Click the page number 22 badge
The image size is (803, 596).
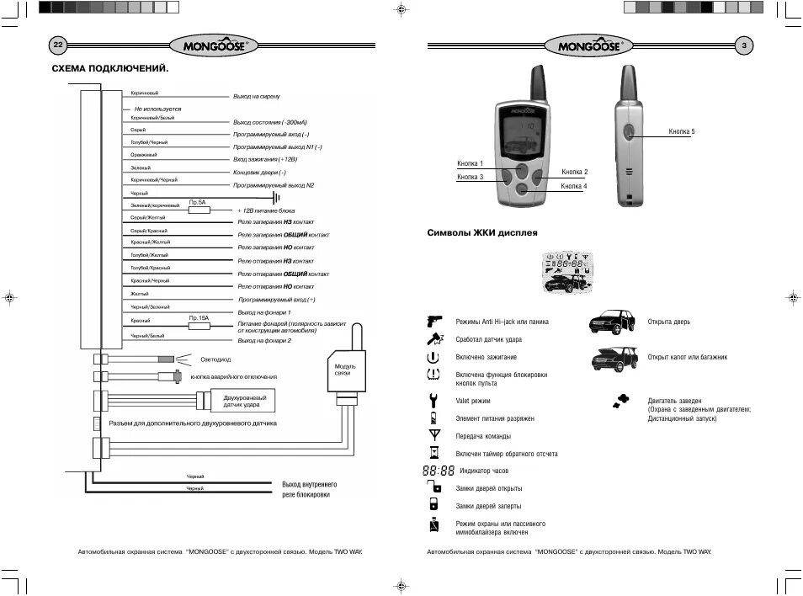(x=58, y=45)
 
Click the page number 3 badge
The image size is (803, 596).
(x=744, y=45)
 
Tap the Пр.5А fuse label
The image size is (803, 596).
(x=198, y=202)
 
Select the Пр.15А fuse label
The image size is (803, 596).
(x=199, y=317)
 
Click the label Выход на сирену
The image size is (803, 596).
(x=262, y=97)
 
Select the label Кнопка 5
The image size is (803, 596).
(x=682, y=132)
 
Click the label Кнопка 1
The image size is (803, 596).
(x=470, y=162)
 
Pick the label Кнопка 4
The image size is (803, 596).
(x=574, y=185)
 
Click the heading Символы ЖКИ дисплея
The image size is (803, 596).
(x=482, y=232)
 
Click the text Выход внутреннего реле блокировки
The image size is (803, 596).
(x=310, y=490)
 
